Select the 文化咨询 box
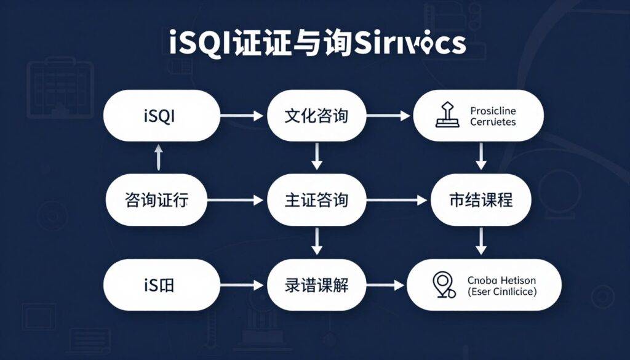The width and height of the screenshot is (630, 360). coord(317,116)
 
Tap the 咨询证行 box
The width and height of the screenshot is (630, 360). coord(157,199)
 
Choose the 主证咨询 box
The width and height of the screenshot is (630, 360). coord(317,199)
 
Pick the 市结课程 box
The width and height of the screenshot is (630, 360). coord(480,199)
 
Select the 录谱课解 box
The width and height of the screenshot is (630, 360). coord(317,284)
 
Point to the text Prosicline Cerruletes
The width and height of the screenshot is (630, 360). coord(493,116)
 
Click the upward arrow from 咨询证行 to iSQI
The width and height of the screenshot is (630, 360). coord(158,158)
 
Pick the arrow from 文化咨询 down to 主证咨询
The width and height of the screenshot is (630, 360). coord(317,157)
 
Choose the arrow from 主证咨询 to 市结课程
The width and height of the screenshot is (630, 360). coord(397,200)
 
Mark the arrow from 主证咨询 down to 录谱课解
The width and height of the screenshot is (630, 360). coord(317,241)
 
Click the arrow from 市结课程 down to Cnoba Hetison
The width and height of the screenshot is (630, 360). coord(481,241)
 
